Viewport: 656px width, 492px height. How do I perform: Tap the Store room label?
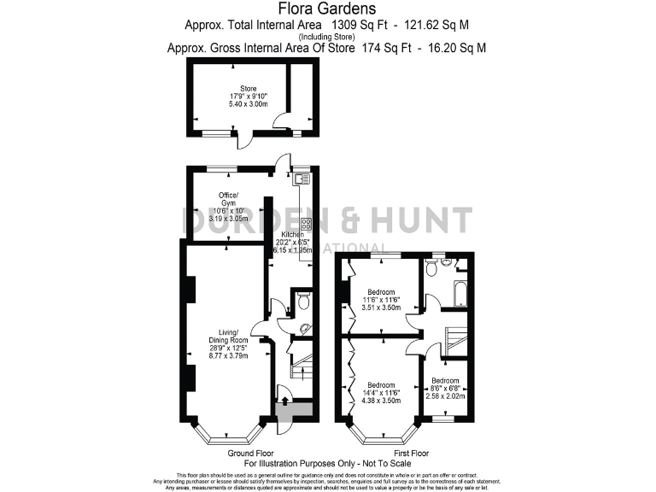[248, 95]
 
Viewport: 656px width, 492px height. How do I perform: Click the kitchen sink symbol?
[301, 179]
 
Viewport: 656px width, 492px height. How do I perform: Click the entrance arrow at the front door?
[283, 401]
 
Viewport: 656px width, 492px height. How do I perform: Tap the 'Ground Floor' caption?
[251, 453]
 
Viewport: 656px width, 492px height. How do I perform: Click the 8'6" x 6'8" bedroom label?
[444, 389]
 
